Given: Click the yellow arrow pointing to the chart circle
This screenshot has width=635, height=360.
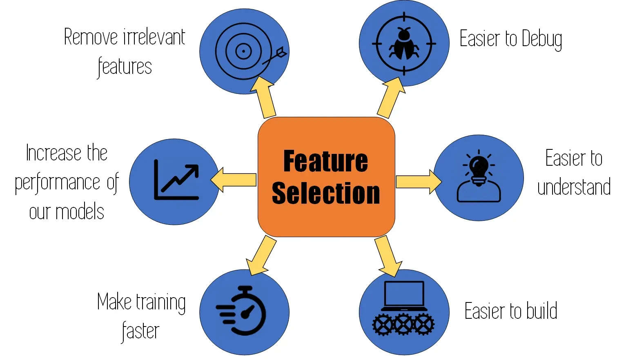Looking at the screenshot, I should tap(234, 180).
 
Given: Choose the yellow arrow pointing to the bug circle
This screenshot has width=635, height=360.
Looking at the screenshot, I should tap(390, 98).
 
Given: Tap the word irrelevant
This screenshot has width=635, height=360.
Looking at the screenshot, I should tap(154, 38).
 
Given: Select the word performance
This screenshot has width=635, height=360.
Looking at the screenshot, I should tap(58, 183).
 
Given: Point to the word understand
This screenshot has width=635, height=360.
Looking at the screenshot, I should tap(574, 187).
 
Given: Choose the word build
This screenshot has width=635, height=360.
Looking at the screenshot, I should tap(541, 311).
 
